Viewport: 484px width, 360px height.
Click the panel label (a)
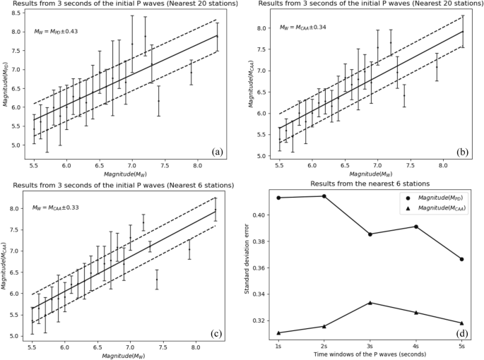217,150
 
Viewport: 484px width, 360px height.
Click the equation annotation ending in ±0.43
56,32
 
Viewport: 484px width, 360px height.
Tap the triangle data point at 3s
370,303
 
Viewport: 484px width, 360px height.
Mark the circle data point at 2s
324,196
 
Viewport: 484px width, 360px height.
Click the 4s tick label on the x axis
416,346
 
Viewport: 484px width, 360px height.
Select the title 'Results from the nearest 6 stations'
370,183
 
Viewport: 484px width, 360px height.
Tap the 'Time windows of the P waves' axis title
370,355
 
